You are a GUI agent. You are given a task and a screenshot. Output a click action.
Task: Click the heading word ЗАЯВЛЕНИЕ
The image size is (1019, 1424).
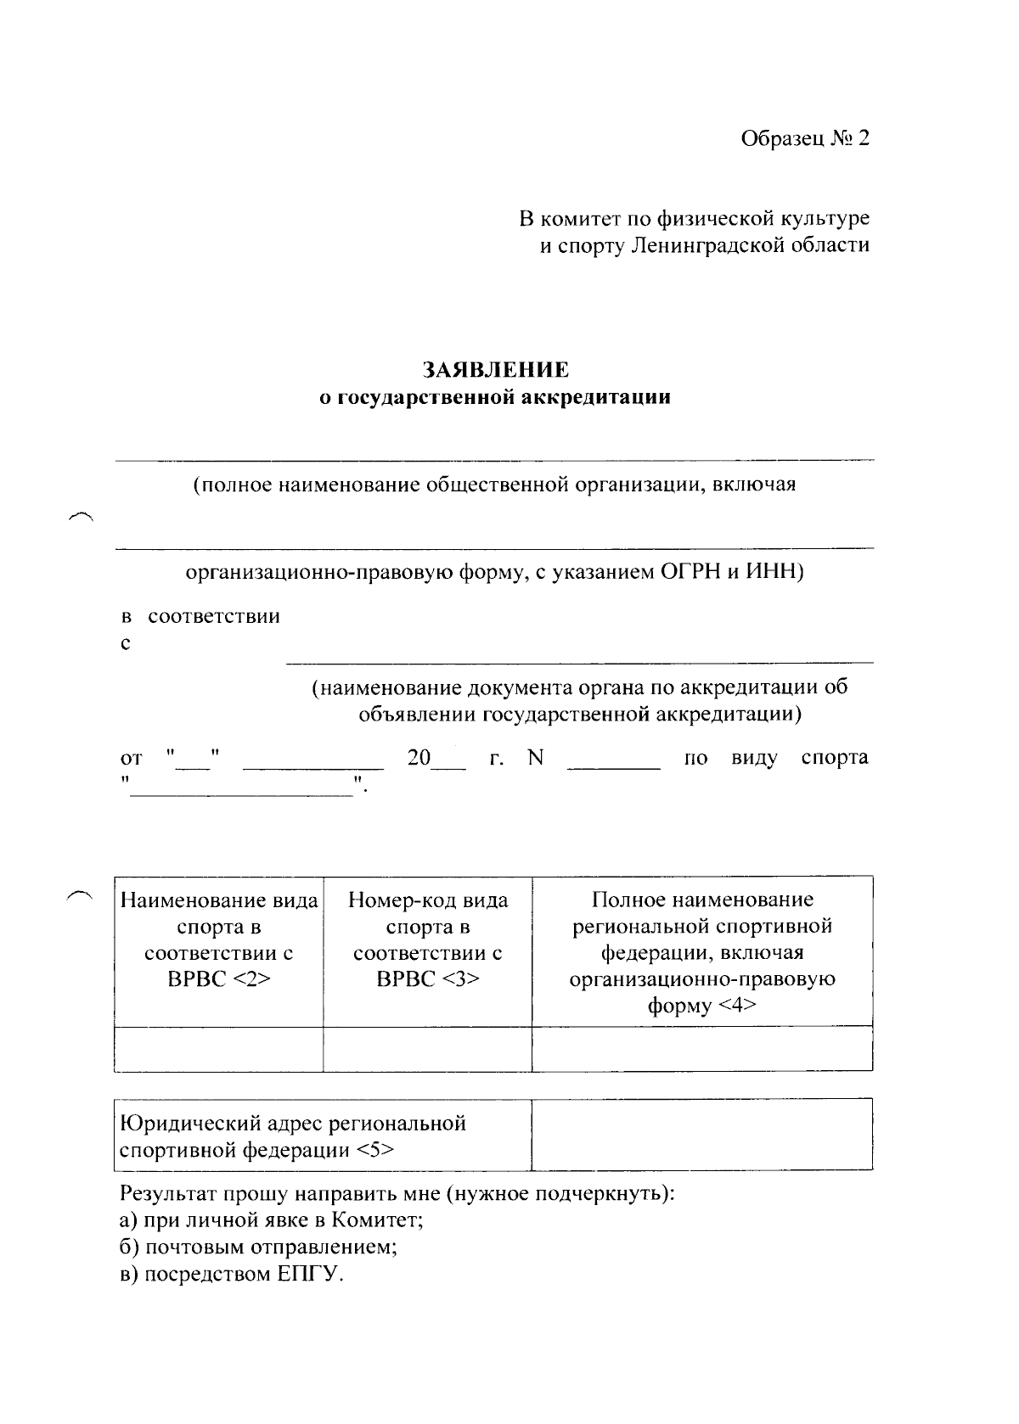(x=496, y=370)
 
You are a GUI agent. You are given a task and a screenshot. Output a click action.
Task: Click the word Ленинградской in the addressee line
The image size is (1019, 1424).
(x=711, y=246)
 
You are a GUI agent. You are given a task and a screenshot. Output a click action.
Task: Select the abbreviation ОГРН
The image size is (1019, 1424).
(x=689, y=572)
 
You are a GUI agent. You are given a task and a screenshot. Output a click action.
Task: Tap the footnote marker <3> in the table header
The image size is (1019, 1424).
(x=460, y=978)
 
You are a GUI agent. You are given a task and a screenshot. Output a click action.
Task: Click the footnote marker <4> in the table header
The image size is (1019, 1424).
(x=737, y=1006)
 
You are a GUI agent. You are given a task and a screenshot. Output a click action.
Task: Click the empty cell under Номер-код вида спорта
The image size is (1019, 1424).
(x=427, y=1049)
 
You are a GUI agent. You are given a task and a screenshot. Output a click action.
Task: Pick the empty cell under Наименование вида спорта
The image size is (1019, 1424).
(x=218, y=1049)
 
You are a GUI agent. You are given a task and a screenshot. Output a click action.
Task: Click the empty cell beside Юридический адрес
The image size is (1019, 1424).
(x=701, y=1135)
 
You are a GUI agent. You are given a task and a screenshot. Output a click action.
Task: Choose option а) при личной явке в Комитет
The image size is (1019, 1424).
(x=272, y=1221)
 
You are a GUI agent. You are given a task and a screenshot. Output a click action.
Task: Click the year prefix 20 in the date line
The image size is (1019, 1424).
(x=419, y=758)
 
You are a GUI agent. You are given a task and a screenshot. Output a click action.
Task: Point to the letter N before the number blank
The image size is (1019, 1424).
(x=534, y=758)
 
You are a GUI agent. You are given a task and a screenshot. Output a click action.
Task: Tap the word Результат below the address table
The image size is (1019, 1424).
(x=167, y=1194)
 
